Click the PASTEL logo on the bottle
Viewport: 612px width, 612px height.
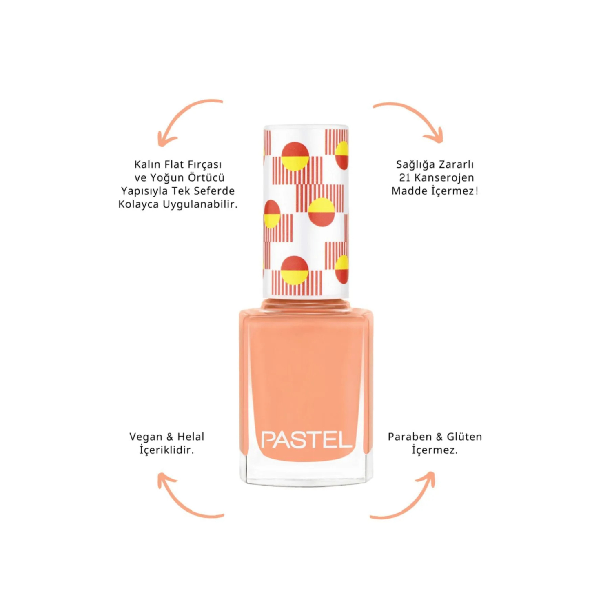(x=306, y=440)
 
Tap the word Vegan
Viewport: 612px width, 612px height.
(x=146, y=437)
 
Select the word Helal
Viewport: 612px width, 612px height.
(x=191, y=437)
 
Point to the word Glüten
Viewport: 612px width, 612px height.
(x=464, y=437)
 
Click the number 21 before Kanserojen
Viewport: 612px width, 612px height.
(x=404, y=178)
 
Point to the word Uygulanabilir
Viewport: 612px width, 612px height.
(x=200, y=205)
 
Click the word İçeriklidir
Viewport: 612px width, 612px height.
(x=166, y=450)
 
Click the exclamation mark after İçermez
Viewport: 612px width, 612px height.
(x=476, y=191)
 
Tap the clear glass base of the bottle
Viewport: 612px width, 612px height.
(x=306, y=473)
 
